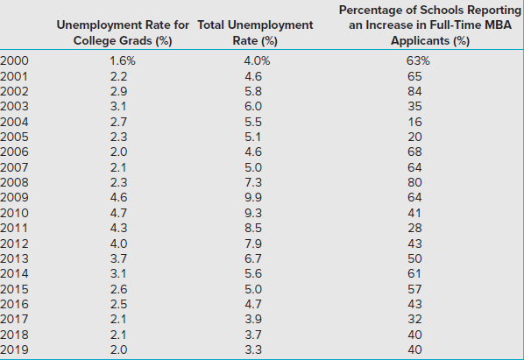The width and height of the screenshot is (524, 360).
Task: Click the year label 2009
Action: coord(14,197)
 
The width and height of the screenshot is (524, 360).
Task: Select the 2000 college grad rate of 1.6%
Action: coord(123,60)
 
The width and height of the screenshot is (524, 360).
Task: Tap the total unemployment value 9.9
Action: coord(253,197)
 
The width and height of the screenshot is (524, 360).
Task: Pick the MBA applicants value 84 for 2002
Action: coord(414,91)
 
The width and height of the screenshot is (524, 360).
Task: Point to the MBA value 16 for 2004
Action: coord(414,122)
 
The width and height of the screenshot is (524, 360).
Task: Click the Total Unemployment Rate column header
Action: coord(255,32)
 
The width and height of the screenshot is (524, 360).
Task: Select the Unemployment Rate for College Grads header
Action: coord(123,32)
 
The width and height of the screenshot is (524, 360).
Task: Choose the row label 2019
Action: coord(14,349)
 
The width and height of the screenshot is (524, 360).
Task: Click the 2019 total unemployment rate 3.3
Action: coord(253,349)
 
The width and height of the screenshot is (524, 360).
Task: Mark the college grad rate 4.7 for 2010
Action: coord(118,213)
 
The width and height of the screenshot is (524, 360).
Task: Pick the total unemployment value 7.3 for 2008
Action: coord(253,182)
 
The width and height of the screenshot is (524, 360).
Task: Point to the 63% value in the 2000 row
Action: coord(418,60)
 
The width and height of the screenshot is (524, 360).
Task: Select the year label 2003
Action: coord(14,106)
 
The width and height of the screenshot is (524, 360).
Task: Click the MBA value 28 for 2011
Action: coord(414,228)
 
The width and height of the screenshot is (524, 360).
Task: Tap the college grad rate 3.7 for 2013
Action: coord(118,258)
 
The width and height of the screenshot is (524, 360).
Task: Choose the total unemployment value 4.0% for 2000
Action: coord(257,60)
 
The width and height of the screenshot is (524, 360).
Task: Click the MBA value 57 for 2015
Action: coord(414,289)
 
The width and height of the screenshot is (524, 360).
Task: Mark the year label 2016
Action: coord(14,304)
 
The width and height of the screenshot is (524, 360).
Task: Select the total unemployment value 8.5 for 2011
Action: coord(253,228)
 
